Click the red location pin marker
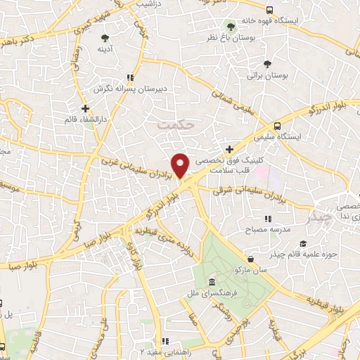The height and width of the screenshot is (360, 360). tap(181, 166)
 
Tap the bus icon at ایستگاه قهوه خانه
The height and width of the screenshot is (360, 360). tap(270, 10)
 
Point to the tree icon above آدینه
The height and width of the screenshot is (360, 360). tap(105, 37)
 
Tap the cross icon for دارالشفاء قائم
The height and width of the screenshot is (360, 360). tap(85, 108)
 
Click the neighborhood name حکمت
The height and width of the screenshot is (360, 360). tap(175, 124)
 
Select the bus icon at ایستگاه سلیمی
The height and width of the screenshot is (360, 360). tap(278, 126)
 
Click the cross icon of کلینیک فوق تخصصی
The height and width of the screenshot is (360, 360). tap(230, 148)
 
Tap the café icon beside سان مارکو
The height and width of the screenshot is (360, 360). tap(250, 258)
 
